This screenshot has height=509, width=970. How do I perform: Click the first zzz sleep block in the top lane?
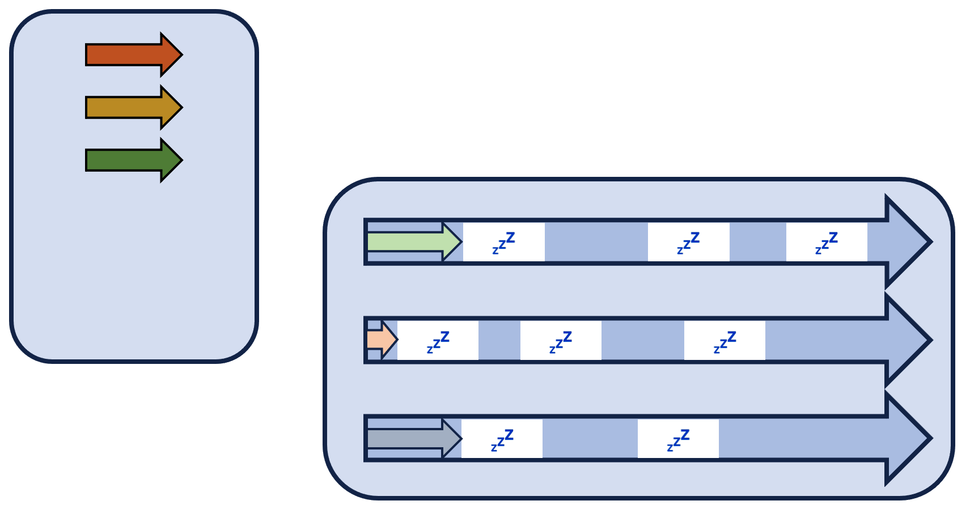click(x=503, y=242)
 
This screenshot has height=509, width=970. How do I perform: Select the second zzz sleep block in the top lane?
click(x=688, y=242)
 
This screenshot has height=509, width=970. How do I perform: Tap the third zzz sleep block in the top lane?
click(x=827, y=242)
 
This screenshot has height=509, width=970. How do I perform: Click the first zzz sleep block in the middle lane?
click(x=438, y=340)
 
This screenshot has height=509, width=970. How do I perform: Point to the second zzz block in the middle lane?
click(x=561, y=340)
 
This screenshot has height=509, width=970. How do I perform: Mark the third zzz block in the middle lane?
click(x=725, y=340)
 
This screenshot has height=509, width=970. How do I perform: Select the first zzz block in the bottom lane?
click(x=502, y=439)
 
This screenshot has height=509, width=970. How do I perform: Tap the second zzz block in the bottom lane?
click(x=678, y=439)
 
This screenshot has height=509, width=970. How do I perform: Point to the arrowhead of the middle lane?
click(x=907, y=340)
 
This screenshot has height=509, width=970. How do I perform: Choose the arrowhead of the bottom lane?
click(x=907, y=439)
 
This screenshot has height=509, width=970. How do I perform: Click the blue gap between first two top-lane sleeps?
click(x=596, y=242)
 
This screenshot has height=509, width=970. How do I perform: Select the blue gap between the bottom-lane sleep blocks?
click(x=590, y=439)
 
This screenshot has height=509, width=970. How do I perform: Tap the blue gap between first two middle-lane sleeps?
click(x=499, y=340)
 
